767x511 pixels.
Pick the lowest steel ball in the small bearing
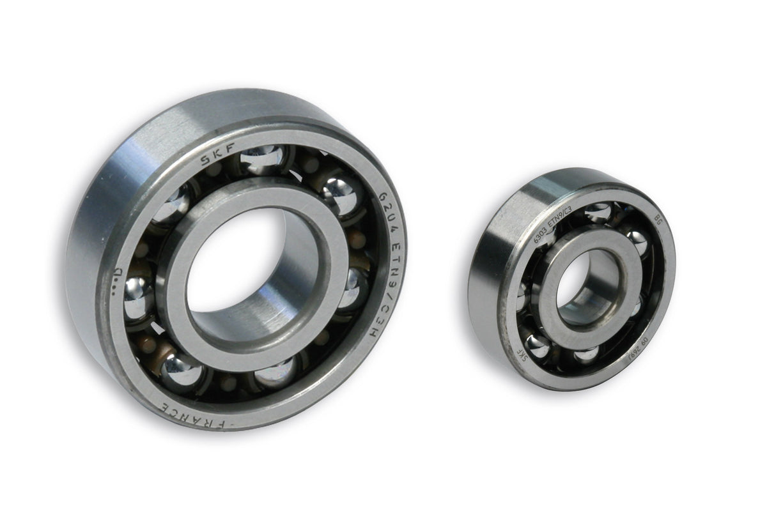tap(585, 353)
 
